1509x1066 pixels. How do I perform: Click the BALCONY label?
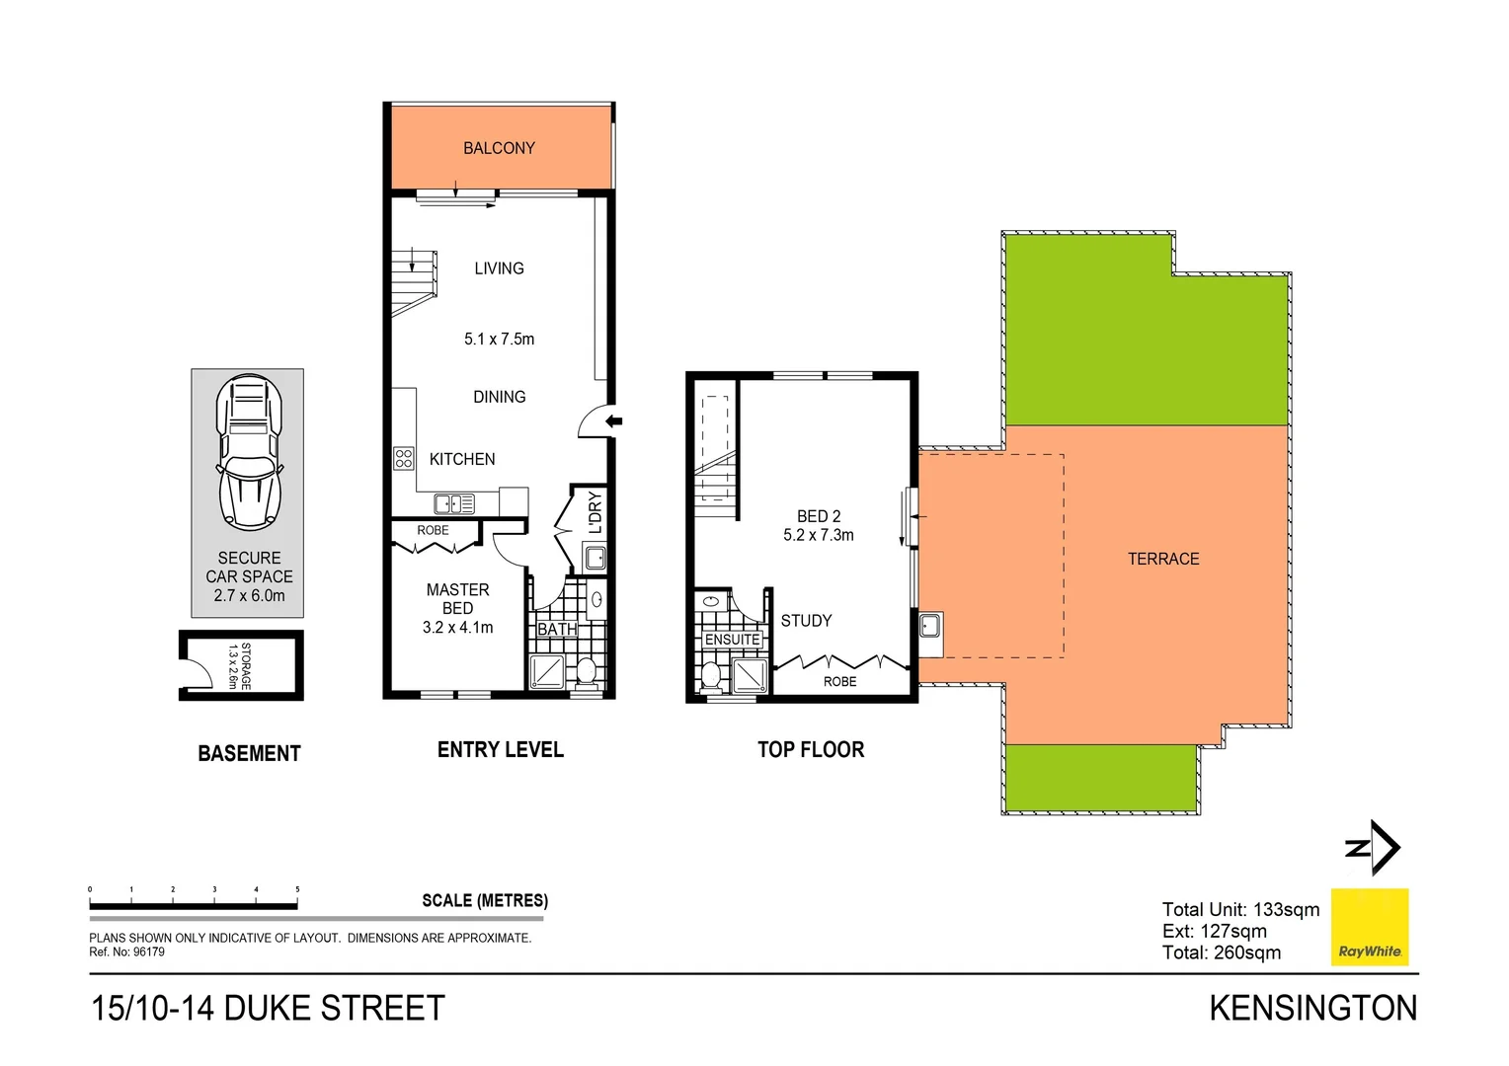(499, 148)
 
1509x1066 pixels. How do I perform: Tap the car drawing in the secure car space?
(249, 451)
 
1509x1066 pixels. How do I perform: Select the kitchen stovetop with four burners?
(404, 458)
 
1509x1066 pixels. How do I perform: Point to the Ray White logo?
(1370, 927)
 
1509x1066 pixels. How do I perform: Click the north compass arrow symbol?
(1374, 847)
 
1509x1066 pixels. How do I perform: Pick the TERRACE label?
(1163, 559)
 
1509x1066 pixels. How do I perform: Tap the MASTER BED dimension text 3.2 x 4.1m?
(457, 628)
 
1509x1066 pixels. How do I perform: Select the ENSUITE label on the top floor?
(732, 640)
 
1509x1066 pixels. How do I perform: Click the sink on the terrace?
(929, 625)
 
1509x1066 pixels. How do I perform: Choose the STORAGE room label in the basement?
(240, 666)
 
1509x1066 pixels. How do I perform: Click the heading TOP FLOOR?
(811, 750)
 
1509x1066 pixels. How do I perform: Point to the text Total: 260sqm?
(1222, 952)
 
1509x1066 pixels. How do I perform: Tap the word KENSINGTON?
(1312, 1009)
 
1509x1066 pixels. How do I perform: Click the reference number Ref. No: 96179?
(127, 952)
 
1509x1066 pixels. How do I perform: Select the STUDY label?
(806, 621)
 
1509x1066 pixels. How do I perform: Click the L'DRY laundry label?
(595, 512)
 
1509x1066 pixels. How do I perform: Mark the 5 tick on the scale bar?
(297, 891)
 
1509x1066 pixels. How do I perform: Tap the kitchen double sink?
(454, 504)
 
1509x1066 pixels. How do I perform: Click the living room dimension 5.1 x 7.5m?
(499, 340)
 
